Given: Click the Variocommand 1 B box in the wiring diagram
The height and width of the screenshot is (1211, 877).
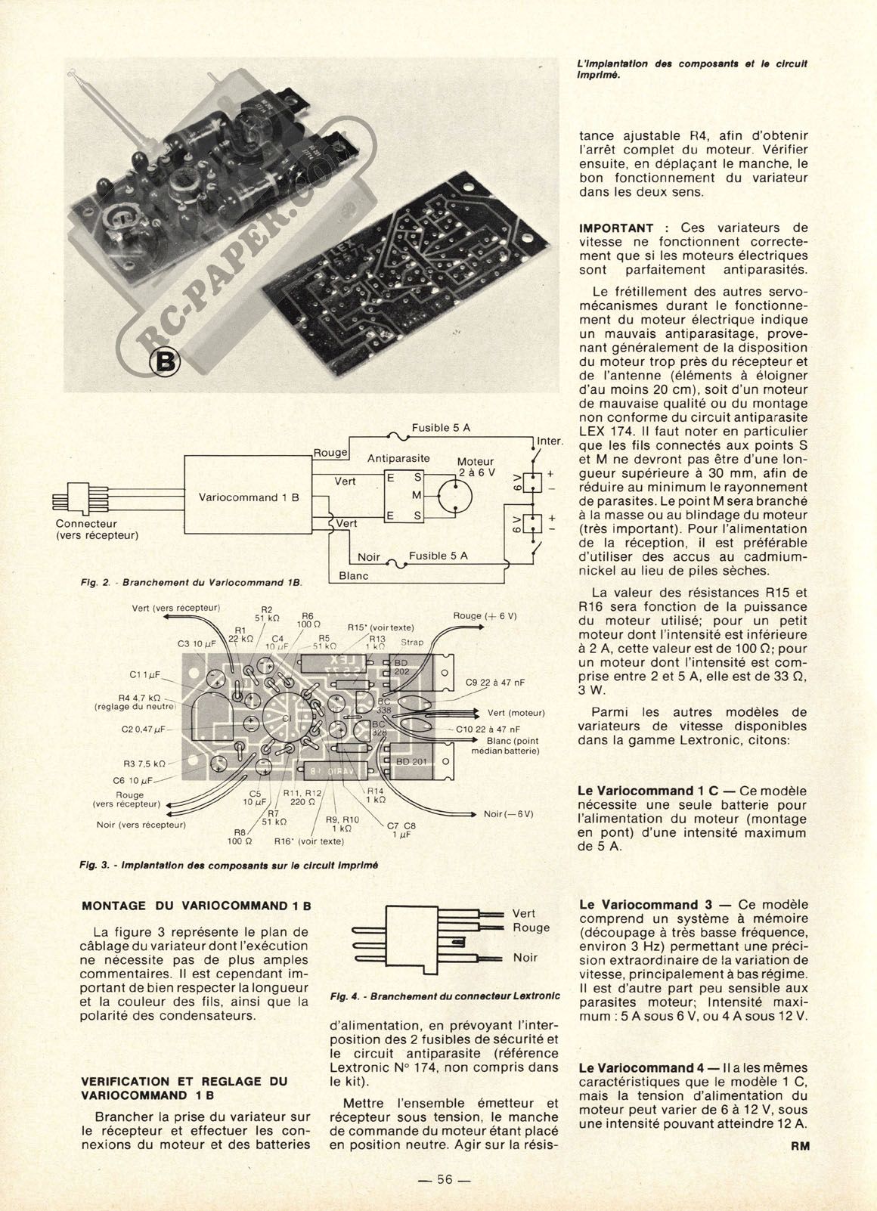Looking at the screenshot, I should [x=249, y=497].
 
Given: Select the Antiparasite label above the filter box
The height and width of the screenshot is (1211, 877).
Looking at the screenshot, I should [x=398, y=458].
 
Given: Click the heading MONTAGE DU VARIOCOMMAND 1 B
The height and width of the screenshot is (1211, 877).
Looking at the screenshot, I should [x=197, y=905].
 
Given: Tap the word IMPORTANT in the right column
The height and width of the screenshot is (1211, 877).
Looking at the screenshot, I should [x=616, y=228].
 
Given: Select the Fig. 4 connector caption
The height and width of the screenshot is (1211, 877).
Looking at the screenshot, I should [x=446, y=996].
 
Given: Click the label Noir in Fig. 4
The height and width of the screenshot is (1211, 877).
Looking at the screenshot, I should [x=525, y=957].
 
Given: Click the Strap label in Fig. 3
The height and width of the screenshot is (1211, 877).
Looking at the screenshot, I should [x=413, y=643].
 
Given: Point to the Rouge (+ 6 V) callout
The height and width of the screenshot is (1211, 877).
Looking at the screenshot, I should [x=485, y=616].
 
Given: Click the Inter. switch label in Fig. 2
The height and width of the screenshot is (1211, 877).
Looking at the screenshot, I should [x=550, y=441].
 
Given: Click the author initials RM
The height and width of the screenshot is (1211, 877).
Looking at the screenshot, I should [x=800, y=1145].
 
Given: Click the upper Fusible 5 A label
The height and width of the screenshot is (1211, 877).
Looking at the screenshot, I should [x=441, y=428].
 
